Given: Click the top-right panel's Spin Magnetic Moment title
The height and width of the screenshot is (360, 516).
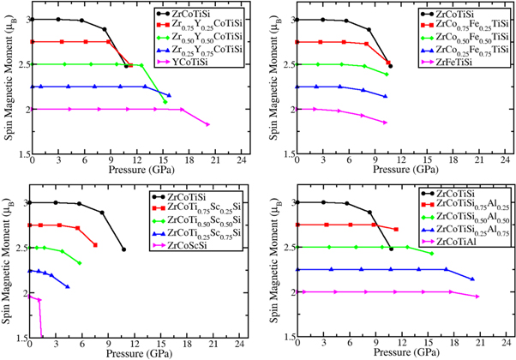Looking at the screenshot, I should point(274,86).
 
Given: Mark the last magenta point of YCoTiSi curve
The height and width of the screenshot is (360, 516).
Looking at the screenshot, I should point(208,125).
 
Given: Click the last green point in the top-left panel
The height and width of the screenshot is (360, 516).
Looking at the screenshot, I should point(165,103).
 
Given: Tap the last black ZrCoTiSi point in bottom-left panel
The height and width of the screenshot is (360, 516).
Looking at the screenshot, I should point(123,249).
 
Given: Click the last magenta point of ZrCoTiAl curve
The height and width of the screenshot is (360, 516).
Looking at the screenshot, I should point(477,297).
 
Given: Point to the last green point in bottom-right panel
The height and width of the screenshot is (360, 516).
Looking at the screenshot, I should point(431,254).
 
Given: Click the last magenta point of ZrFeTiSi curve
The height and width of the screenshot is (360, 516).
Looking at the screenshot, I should point(386,123).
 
